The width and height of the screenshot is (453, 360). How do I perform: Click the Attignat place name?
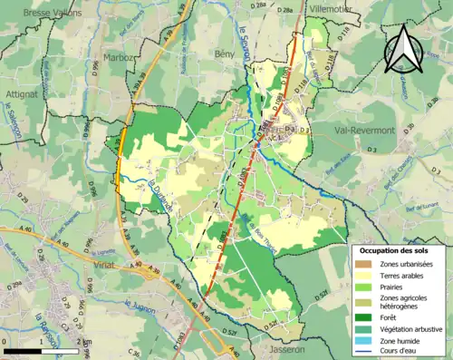coord(18,93)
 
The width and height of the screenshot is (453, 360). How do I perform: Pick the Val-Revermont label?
coord(364,131)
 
